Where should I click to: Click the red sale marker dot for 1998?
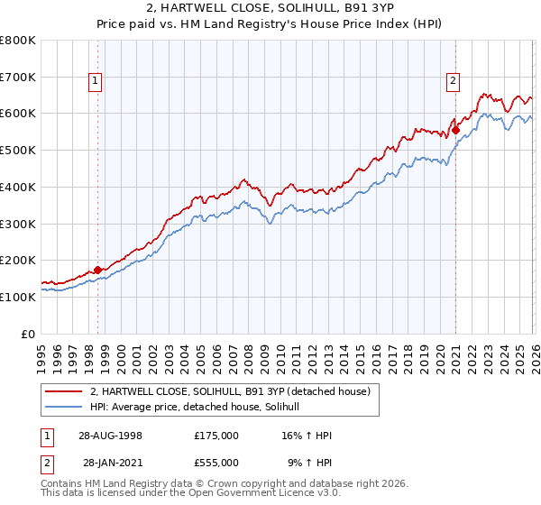click(97, 269)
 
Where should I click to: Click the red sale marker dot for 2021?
click(455, 130)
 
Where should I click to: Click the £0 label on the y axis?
click(29, 333)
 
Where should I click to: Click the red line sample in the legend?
click(64, 391)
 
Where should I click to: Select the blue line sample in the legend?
click(64, 407)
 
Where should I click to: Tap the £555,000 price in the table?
click(215, 462)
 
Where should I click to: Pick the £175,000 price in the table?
click(215, 435)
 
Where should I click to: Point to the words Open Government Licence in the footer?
click(276, 494)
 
